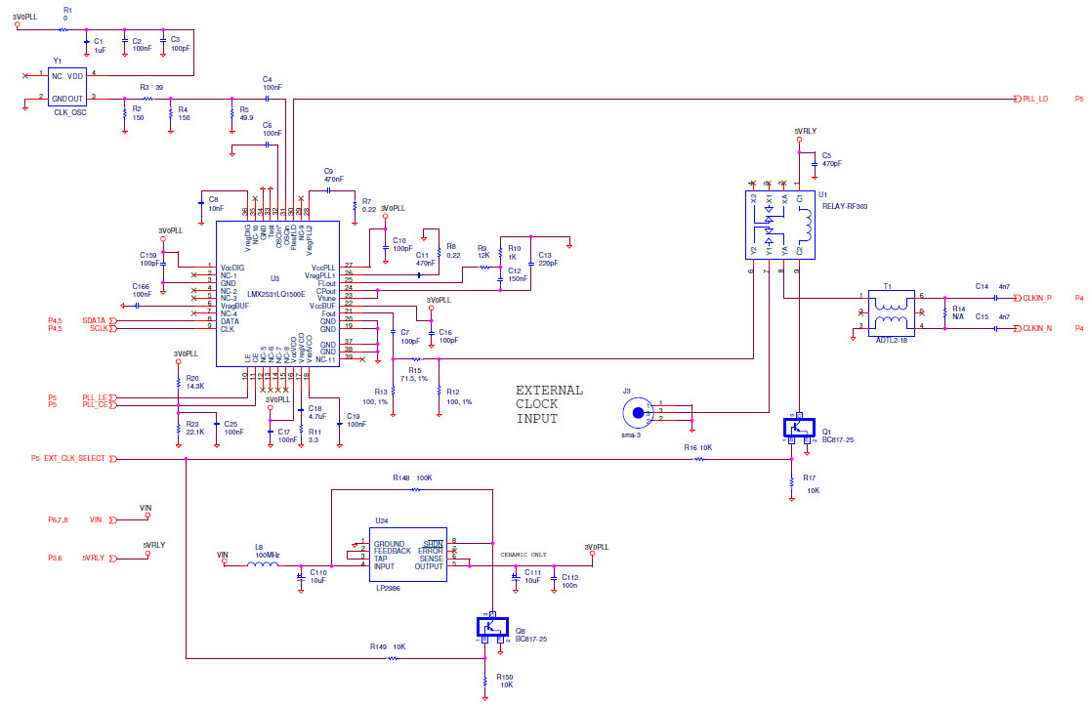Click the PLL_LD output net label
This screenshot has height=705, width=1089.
point(1035,100)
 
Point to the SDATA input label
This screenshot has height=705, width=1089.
point(94,320)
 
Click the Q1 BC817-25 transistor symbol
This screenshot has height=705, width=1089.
point(799,427)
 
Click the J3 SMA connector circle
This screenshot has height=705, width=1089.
point(638,414)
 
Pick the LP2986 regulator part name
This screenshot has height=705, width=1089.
point(387,589)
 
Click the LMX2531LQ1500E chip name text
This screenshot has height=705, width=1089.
point(276,293)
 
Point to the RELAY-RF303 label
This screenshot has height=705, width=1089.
point(844,207)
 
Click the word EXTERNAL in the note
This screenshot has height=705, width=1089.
point(549,391)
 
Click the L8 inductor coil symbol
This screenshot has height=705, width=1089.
point(265,563)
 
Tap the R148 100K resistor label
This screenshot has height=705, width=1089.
point(413,478)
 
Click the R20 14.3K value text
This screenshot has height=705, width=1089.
point(195,387)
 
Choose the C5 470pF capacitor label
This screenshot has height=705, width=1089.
point(831,159)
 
